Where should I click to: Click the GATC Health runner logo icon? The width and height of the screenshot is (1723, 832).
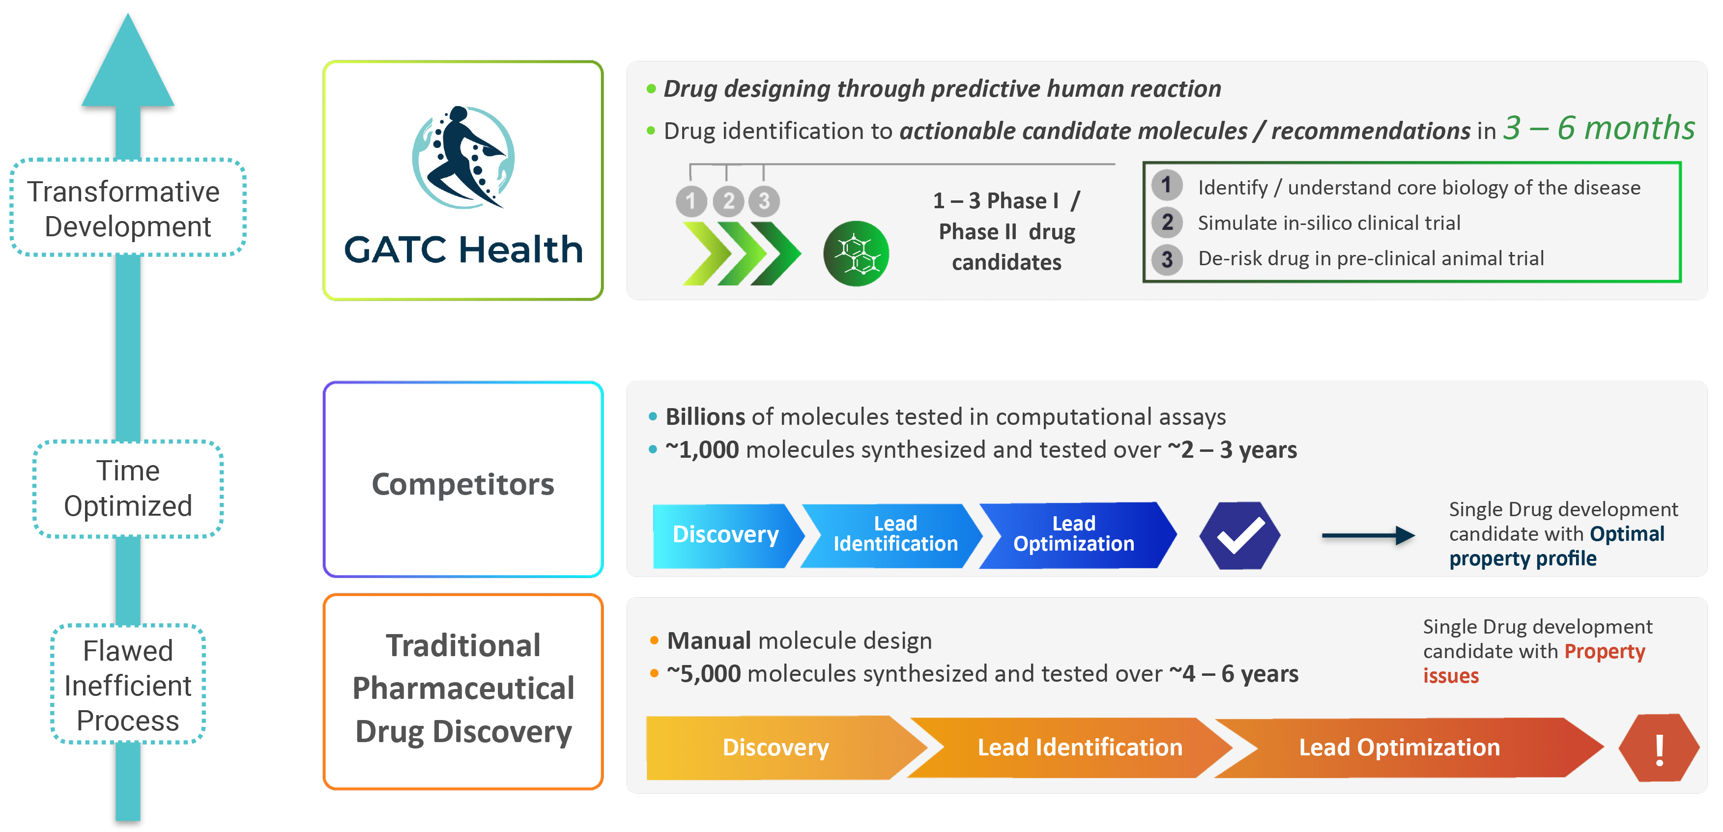463,158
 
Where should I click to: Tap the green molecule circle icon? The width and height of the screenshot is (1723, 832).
856,254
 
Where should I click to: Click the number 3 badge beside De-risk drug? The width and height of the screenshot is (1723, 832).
1167,259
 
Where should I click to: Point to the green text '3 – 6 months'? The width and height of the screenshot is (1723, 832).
1599,128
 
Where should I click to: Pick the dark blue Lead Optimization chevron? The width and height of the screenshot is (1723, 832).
1073,535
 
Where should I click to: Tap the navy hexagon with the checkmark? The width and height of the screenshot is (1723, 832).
1239,535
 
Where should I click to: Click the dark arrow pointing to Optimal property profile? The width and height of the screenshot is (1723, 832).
1368,535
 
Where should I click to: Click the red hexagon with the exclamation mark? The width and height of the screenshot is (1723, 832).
1659,748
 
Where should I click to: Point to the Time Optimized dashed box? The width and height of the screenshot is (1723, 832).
128,489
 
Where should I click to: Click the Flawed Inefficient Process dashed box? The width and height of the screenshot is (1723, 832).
128,685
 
